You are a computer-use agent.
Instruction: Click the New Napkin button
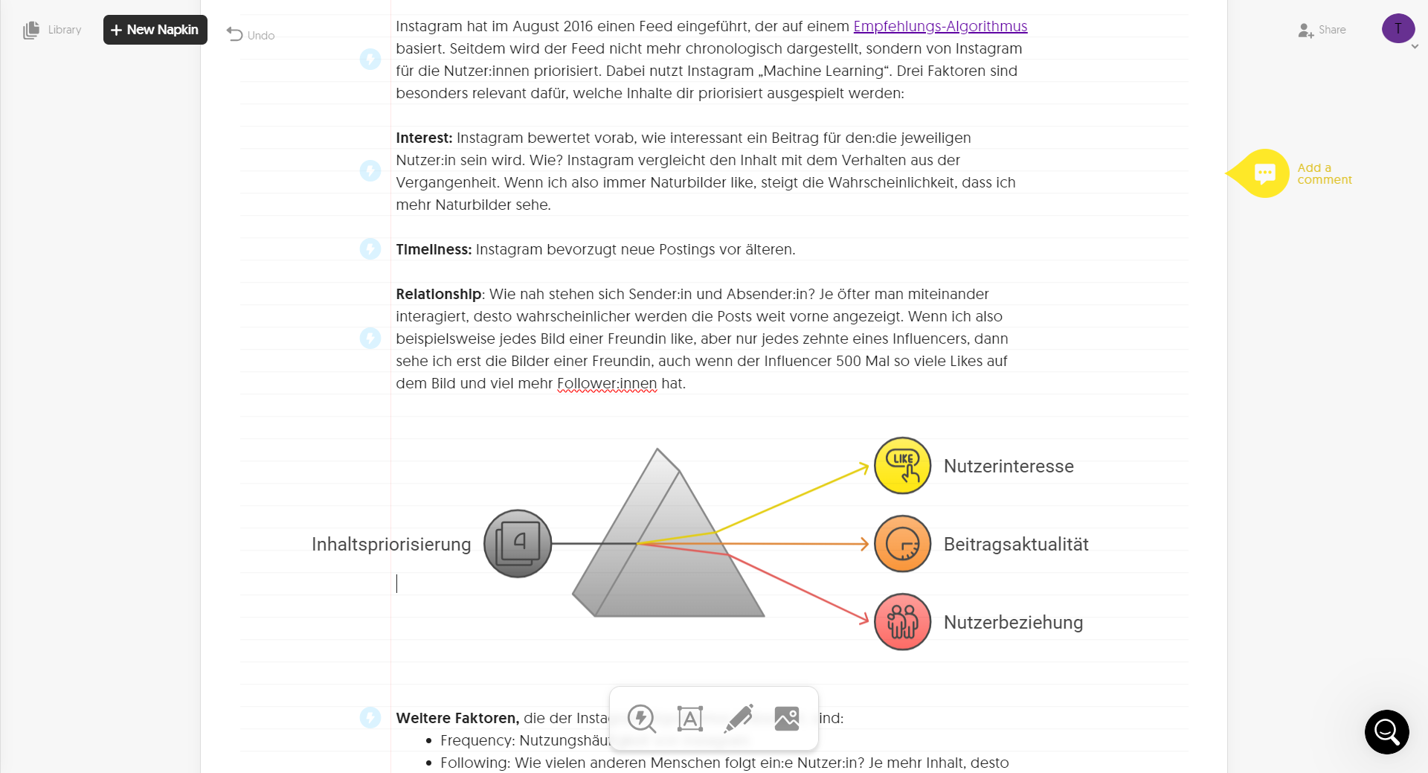pyautogui.click(x=155, y=30)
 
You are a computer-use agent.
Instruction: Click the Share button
pyautogui.click(x=1322, y=30)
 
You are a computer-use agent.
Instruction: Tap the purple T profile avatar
pyautogui.click(x=1398, y=29)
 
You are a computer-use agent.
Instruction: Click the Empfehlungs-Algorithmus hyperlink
pyautogui.click(x=939, y=26)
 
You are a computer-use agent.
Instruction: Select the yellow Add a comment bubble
pyautogui.click(x=1264, y=173)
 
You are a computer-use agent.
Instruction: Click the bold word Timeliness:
pyautogui.click(x=434, y=249)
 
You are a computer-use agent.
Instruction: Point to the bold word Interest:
pyautogui.click(x=424, y=138)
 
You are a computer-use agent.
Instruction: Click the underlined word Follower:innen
pyautogui.click(x=607, y=383)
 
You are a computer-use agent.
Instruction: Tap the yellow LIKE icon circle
pyautogui.click(x=902, y=466)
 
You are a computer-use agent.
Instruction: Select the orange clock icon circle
pyautogui.click(x=902, y=544)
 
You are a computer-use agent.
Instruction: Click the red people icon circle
pyautogui.click(x=902, y=622)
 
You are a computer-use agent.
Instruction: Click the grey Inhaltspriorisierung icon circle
pyautogui.click(x=518, y=544)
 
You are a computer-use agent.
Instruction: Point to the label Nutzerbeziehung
pyautogui.click(x=1013, y=622)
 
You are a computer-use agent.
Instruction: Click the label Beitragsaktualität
pyautogui.click(x=1016, y=544)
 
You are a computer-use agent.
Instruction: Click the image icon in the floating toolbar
pyautogui.click(x=786, y=718)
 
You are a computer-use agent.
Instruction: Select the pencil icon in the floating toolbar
pyautogui.click(x=739, y=718)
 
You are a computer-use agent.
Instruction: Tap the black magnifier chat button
pyautogui.click(x=1386, y=732)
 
